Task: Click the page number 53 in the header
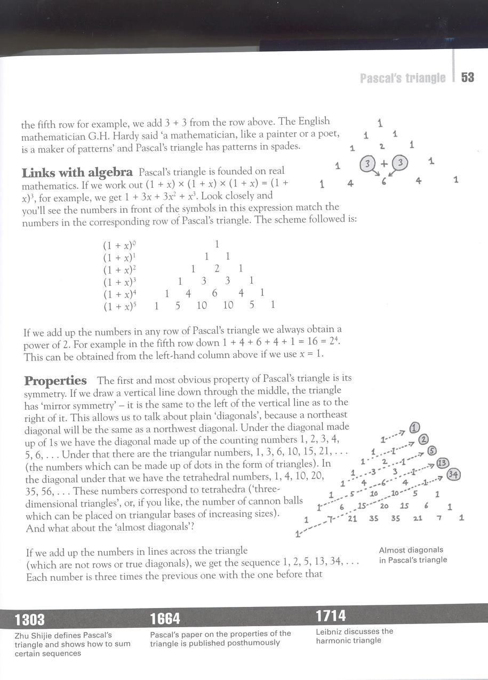tap(467, 78)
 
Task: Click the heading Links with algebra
tap(77, 172)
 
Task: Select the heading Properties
tap(55, 381)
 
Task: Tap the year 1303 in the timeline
tap(30, 620)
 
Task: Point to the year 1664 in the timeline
tap(165, 619)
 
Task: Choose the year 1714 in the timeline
tap(331, 617)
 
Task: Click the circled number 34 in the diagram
tap(454, 474)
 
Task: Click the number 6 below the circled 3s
tap(383, 181)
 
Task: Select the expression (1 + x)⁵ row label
tap(121, 306)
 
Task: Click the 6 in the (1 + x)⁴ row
tap(214, 293)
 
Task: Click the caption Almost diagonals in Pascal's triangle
tap(413, 555)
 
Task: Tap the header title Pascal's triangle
tap(403, 78)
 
